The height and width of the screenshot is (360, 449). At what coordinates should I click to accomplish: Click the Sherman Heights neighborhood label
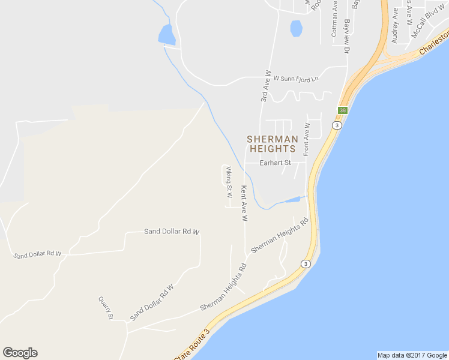(x=271, y=143)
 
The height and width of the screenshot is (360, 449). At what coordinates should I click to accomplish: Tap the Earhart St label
(x=275, y=163)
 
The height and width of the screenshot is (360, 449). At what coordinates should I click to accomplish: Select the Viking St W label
(x=229, y=184)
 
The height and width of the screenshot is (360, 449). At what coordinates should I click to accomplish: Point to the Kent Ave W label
(x=244, y=203)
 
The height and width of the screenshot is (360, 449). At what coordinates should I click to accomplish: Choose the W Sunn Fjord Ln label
(x=296, y=79)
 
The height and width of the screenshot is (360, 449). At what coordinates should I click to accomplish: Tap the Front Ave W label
(x=306, y=140)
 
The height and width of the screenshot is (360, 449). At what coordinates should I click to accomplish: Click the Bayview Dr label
(x=347, y=35)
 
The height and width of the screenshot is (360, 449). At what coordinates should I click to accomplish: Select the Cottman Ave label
(x=335, y=19)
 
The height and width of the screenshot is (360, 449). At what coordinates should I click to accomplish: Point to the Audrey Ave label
(x=395, y=25)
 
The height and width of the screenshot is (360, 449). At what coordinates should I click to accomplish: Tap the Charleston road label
(x=433, y=47)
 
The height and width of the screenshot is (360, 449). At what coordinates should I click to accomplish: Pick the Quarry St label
(x=106, y=307)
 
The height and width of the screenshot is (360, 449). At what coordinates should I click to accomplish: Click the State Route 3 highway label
(x=192, y=346)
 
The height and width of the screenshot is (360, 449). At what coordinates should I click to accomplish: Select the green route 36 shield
(x=342, y=110)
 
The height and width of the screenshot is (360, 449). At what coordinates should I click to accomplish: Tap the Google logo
(x=20, y=353)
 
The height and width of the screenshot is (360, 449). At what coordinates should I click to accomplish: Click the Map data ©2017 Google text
(x=412, y=355)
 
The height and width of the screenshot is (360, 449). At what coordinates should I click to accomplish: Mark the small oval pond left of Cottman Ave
(x=296, y=28)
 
